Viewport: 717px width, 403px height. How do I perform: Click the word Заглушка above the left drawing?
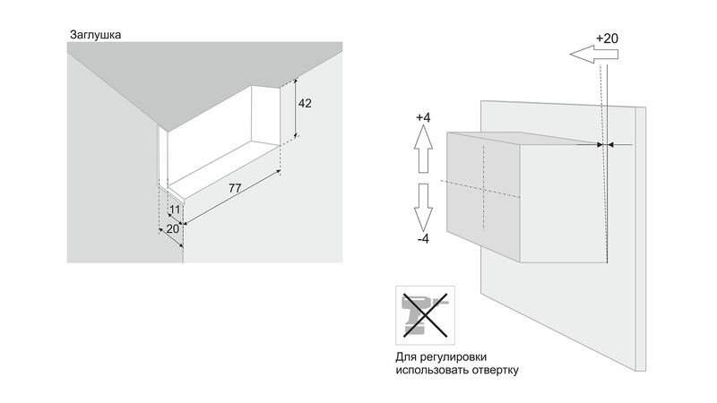coord(95,35)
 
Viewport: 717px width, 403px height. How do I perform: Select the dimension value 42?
coord(305,104)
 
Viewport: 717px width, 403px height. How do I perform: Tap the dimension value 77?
coord(237,189)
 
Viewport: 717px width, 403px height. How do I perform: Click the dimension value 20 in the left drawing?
coord(171,229)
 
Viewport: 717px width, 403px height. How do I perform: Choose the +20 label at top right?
coord(607,39)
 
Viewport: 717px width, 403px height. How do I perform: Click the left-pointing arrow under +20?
coord(594,56)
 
